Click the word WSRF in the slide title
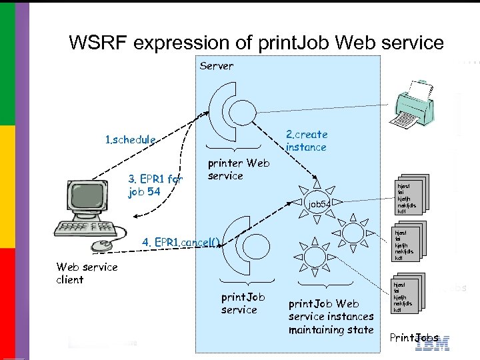coord(98,43)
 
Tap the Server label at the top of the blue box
coord(217,65)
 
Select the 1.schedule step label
coord(131,140)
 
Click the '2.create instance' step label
coord(307,141)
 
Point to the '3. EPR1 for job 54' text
coord(155,185)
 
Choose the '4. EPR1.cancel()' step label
coord(181,241)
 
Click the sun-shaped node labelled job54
coord(319,201)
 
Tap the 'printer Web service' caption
coord(238,169)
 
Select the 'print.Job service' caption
coord(243,303)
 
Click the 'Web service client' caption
coord(87,273)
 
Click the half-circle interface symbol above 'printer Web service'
coord(230,113)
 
